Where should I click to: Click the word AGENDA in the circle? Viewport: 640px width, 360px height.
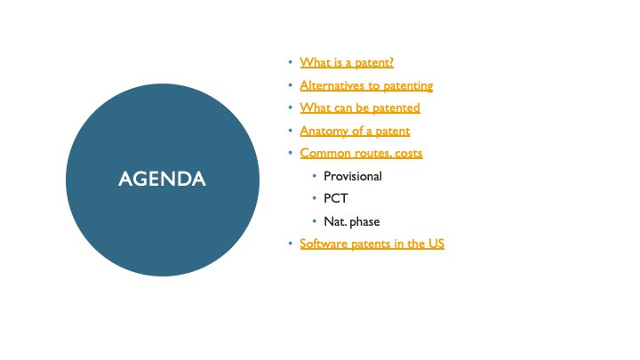click(162, 179)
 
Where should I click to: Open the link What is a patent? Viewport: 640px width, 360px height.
click(347, 62)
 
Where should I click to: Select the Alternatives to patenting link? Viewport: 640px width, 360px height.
click(366, 85)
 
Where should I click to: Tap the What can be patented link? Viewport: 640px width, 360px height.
click(360, 108)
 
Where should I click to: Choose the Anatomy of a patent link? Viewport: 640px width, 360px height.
click(355, 131)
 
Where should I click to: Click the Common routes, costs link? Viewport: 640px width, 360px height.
click(361, 153)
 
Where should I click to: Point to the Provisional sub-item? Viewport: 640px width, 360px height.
click(353, 176)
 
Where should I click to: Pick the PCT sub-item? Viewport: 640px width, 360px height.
click(335, 198)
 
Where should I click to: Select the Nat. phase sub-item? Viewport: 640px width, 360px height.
click(351, 221)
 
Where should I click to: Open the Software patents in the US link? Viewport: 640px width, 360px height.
click(372, 244)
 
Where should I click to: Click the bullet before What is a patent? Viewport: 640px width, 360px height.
click(290, 62)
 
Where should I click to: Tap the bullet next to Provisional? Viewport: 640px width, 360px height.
click(315, 175)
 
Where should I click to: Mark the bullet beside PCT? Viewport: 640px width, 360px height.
click(315, 198)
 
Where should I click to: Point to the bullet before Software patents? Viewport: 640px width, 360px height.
click(290, 244)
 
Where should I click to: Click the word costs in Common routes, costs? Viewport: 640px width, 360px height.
click(409, 154)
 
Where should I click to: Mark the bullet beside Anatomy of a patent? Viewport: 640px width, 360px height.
click(290, 130)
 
